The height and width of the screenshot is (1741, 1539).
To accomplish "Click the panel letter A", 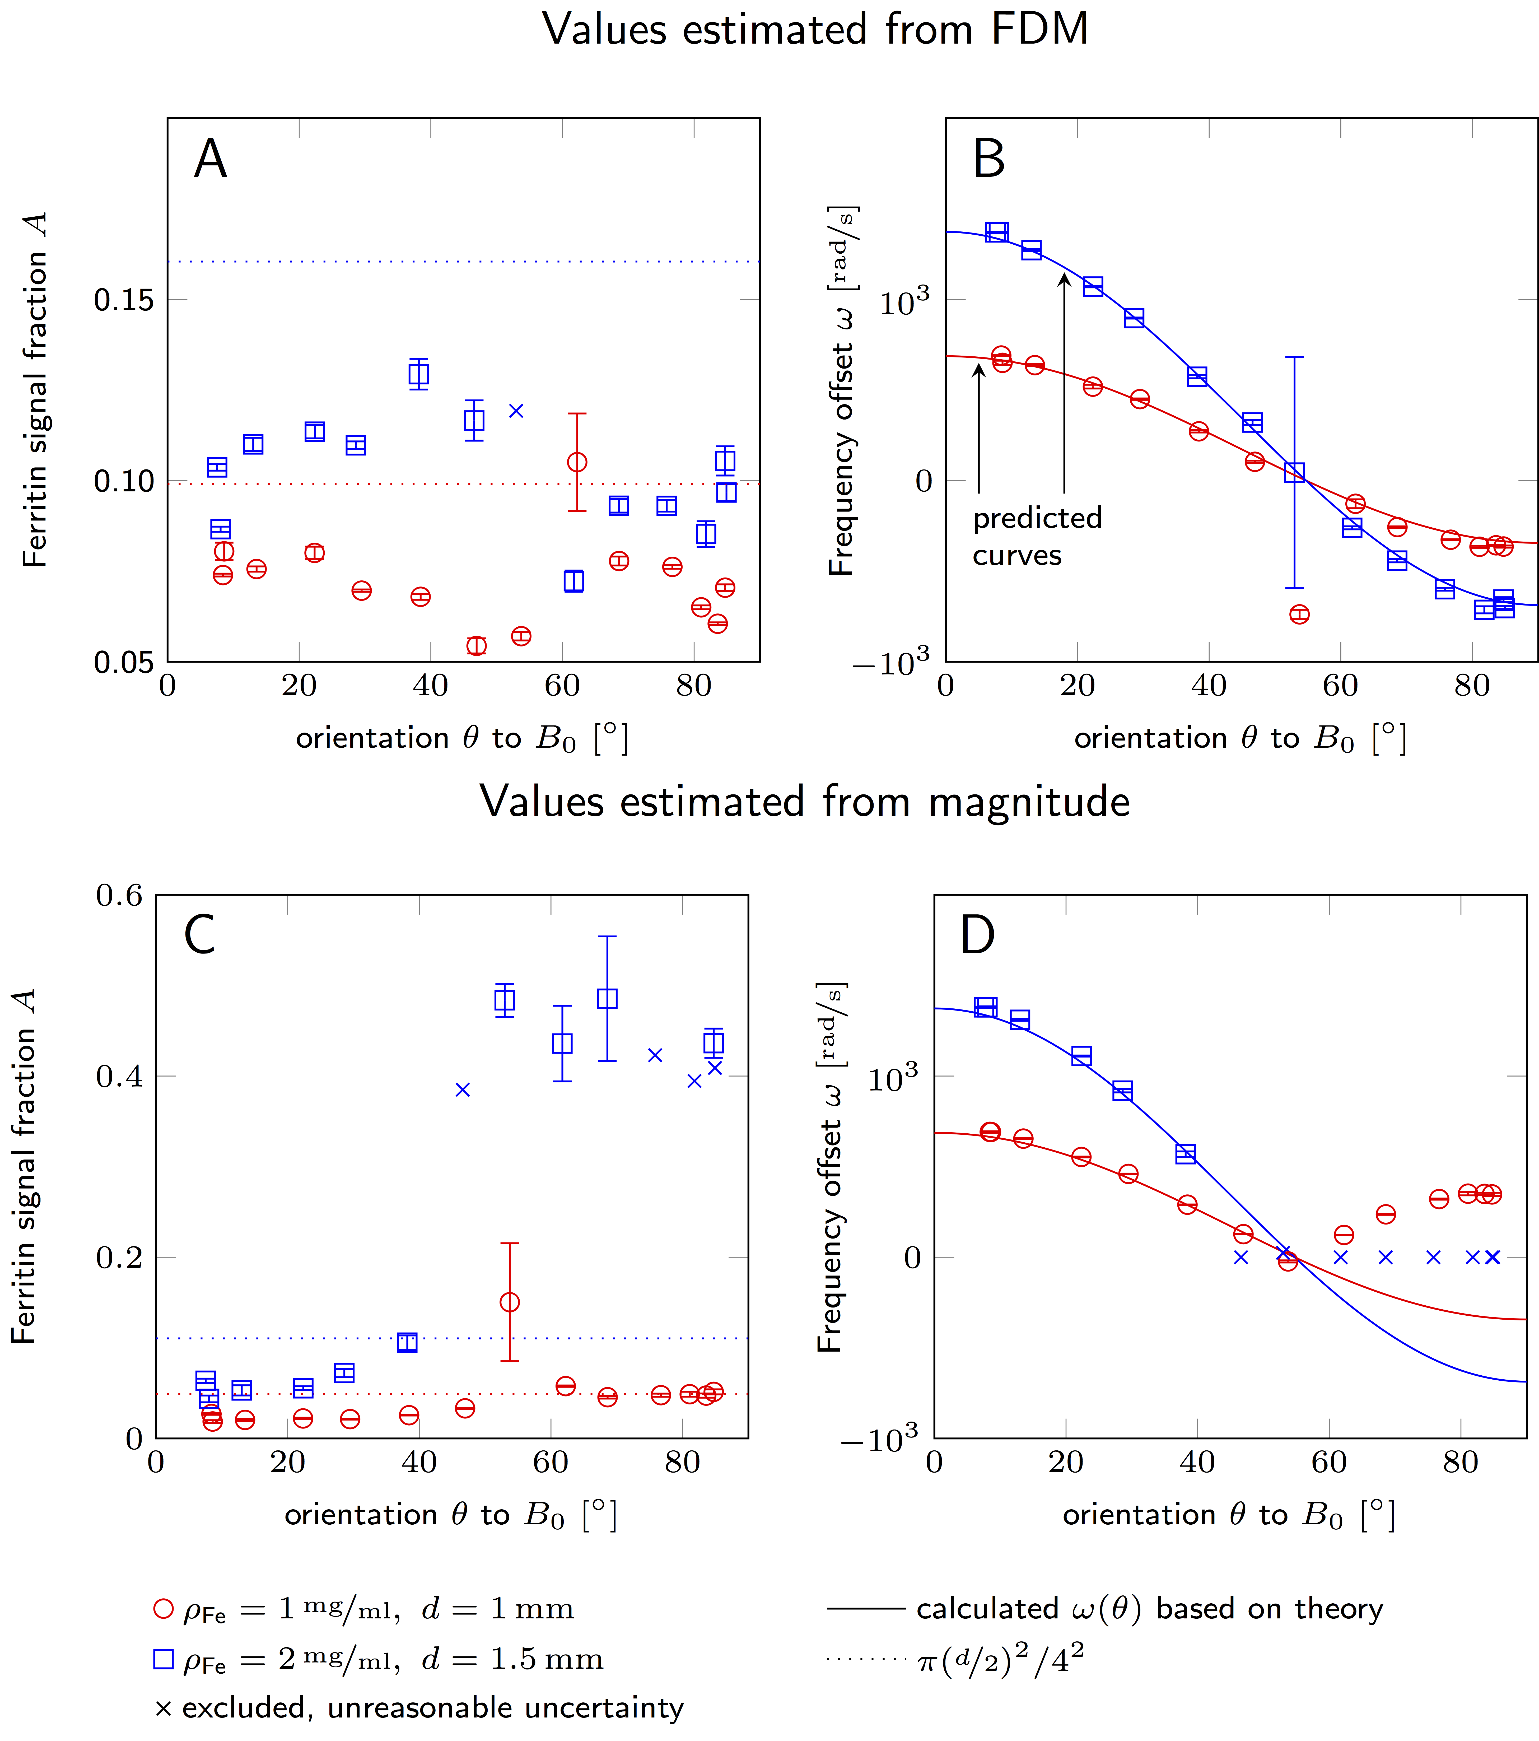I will [x=210, y=159].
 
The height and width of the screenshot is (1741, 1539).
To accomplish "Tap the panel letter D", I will [x=977, y=935].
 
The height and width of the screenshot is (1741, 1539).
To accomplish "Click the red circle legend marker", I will [x=164, y=1608].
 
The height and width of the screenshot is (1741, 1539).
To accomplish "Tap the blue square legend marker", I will [x=164, y=1658].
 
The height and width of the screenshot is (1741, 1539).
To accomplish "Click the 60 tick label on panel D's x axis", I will [x=1329, y=1463].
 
